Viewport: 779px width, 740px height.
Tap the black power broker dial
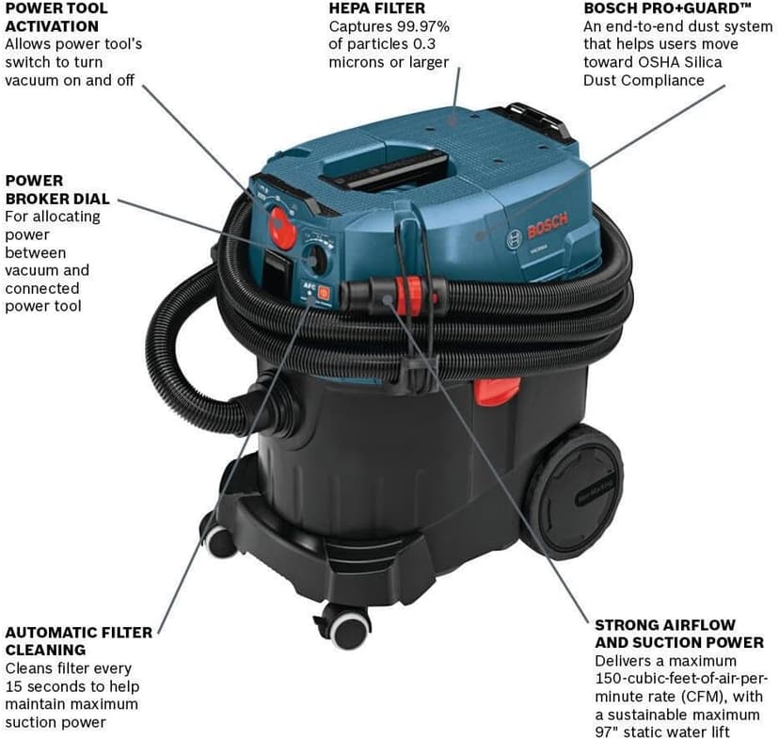pyautogui.click(x=317, y=259)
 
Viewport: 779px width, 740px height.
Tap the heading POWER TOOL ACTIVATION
pyautogui.click(x=56, y=17)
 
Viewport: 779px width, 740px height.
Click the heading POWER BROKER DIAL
pyautogui.click(x=56, y=189)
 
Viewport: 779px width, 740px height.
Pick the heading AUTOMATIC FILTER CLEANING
pyautogui.click(x=78, y=641)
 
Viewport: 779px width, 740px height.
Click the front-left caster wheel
pyautogui.click(x=219, y=539)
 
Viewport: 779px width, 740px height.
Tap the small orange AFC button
pyautogui.click(x=324, y=292)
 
